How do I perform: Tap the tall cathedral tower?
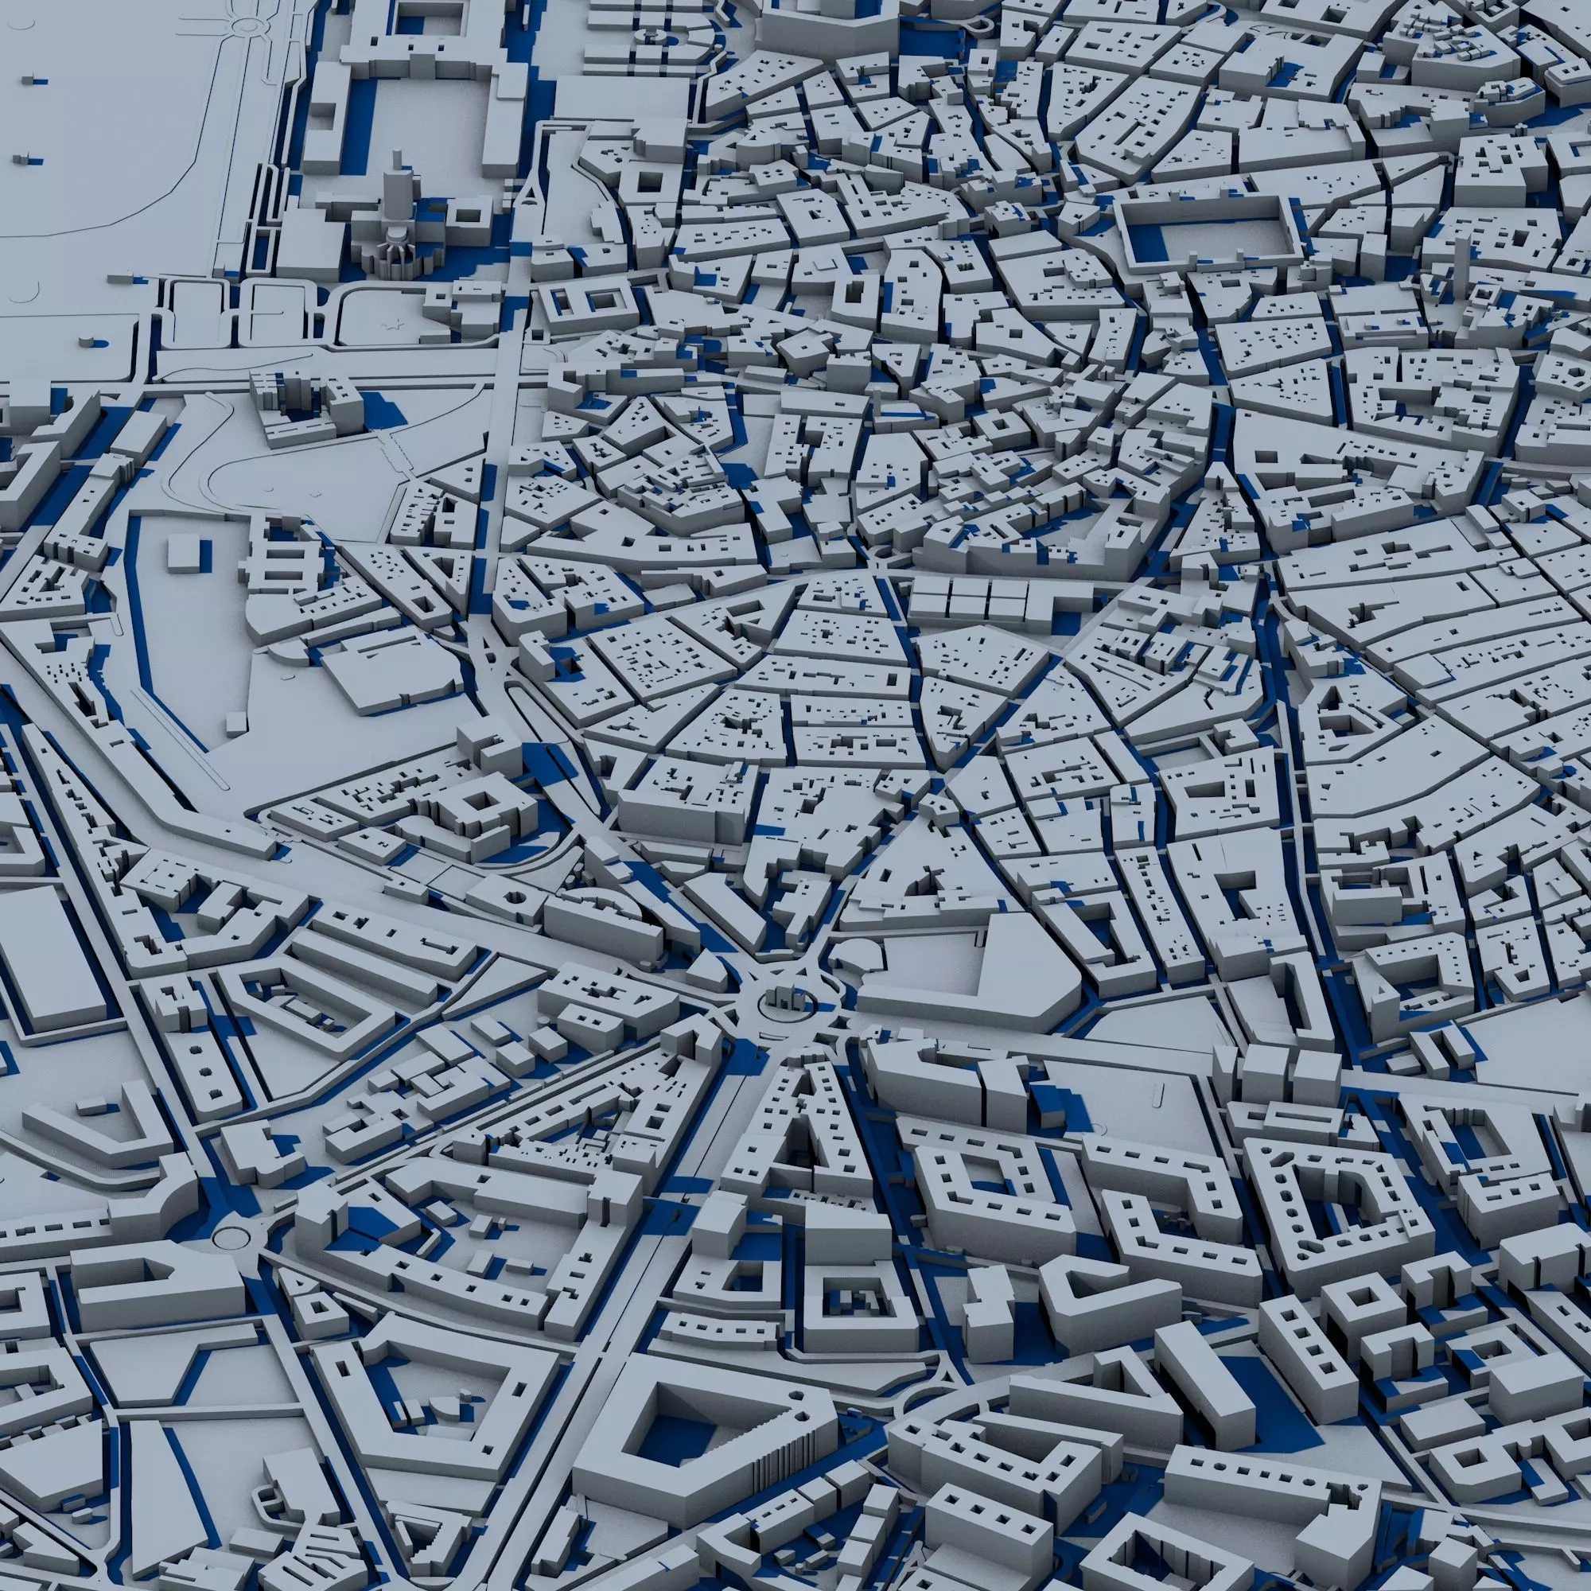click(398, 186)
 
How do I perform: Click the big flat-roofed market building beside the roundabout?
click(972, 980)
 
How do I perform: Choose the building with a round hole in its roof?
click(516, 897)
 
